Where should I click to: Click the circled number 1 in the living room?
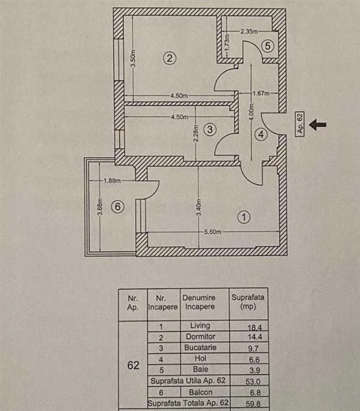click(245, 217)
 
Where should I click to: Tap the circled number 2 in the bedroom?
click(170, 58)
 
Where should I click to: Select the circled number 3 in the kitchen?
click(210, 130)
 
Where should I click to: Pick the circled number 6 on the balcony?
click(118, 207)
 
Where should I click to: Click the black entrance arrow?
click(318, 124)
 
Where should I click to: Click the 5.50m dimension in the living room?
click(213, 232)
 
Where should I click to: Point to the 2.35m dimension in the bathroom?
click(249, 32)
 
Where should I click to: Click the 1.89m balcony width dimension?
click(112, 180)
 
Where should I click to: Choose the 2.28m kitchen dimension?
click(196, 135)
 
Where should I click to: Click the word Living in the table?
click(200, 326)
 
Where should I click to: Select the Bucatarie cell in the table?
click(200, 348)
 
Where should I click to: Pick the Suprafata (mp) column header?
click(248, 302)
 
